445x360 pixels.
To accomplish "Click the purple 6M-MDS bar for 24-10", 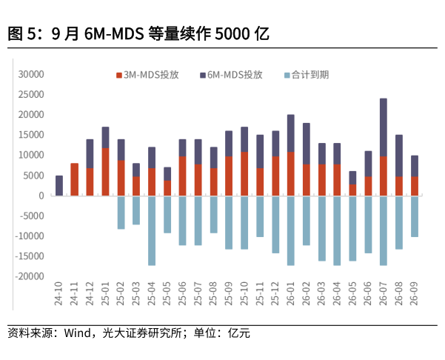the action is pyautogui.click(x=59, y=185).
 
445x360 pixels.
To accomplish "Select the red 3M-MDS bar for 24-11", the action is pyautogui.click(x=74, y=179).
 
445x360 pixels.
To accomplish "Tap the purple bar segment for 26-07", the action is pyautogui.click(x=383, y=127).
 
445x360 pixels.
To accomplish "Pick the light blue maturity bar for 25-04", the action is pyautogui.click(x=152, y=231).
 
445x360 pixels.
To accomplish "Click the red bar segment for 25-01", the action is pyautogui.click(x=105, y=172).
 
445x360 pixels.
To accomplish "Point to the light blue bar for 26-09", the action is pyautogui.click(x=414, y=216).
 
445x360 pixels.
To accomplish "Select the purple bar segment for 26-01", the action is pyautogui.click(x=290, y=133).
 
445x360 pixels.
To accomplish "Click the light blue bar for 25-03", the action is pyautogui.click(x=136, y=210).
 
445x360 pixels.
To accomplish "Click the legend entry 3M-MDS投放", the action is pyautogui.click(x=147, y=75).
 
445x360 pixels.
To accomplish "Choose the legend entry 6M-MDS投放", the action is pyautogui.click(x=231, y=75).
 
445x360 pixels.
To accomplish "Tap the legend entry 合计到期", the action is pyautogui.click(x=307, y=75).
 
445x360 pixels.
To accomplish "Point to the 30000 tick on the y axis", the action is pyautogui.click(x=31, y=74).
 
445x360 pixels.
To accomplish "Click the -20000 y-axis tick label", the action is pyautogui.click(x=30, y=276).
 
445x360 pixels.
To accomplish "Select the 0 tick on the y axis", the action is pyautogui.click(x=41, y=196).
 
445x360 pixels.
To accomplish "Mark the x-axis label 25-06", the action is pyautogui.click(x=182, y=293).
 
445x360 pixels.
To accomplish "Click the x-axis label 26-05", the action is pyautogui.click(x=352, y=293).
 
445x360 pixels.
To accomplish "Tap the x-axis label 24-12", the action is pyautogui.click(x=90, y=293).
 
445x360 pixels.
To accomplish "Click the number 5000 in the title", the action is pyautogui.click(x=232, y=34).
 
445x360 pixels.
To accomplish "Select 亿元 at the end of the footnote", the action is pyautogui.click(x=238, y=333).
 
